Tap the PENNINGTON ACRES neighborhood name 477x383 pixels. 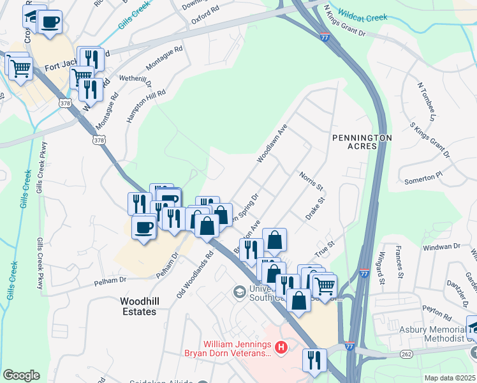click(x=361, y=142)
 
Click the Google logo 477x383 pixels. click(x=21, y=375)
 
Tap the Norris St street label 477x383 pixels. click(x=312, y=180)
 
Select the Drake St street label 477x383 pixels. click(x=315, y=209)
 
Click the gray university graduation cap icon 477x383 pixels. click(x=240, y=292)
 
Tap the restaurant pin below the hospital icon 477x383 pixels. click(x=314, y=359)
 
